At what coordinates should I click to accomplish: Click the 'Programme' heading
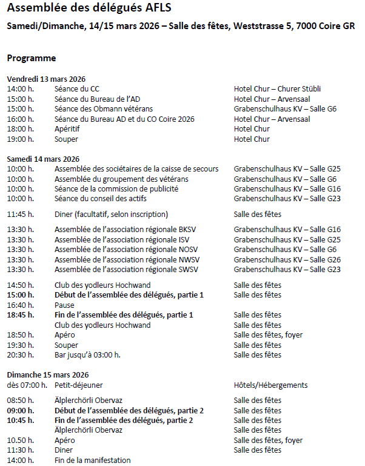coord(32,58)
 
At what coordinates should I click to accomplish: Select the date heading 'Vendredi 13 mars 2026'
coord(46,79)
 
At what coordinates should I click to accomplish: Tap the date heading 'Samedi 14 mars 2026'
coord(44,159)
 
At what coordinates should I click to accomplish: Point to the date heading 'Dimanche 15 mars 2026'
coord(48,375)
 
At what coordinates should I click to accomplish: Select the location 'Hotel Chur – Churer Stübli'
coord(277,89)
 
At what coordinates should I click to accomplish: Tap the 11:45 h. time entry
coord(21,214)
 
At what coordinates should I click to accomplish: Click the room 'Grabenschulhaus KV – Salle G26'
coord(287,259)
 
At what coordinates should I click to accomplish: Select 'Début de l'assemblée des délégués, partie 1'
coord(129,295)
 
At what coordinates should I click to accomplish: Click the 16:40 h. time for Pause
coord(21,305)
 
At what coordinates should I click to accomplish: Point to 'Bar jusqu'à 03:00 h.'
coord(87,355)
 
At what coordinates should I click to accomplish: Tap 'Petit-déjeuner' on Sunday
coord(79,385)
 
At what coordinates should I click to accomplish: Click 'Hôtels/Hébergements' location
coord(270,385)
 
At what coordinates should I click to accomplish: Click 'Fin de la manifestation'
coord(92,460)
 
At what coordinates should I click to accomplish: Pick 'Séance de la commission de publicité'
coord(116,188)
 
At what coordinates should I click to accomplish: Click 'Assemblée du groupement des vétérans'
coord(121,179)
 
